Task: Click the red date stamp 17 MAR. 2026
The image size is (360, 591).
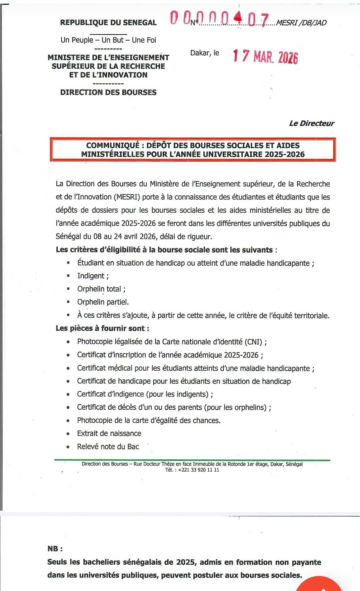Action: tap(265, 56)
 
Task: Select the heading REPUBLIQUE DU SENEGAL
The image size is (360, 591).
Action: tap(108, 23)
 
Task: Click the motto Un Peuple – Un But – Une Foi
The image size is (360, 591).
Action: tap(108, 40)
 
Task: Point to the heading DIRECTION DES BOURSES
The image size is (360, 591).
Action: tap(108, 92)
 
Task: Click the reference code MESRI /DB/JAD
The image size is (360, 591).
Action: tap(301, 23)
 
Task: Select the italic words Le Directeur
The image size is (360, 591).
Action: tap(311, 123)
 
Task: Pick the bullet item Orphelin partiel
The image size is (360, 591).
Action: tap(103, 302)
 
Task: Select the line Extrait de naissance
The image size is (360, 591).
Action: tap(109, 433)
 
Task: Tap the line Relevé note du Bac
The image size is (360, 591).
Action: tap(108, 447)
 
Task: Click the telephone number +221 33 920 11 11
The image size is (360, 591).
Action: tap(199, 470)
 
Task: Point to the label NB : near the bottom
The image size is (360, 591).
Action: tap(55, 549)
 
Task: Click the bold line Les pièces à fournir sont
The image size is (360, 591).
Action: tap(102, 328)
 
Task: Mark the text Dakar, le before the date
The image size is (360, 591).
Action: tap(205, 53)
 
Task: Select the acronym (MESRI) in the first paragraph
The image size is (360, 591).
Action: tap(128, 197)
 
